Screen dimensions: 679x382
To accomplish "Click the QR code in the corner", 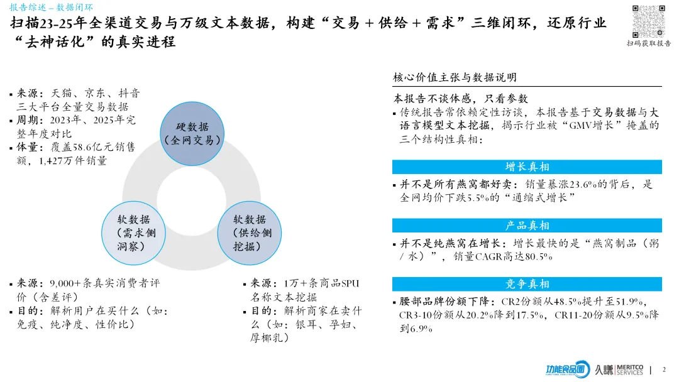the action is click(x=648, y=21).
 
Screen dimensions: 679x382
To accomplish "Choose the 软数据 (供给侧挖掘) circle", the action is click(x=250, y=232).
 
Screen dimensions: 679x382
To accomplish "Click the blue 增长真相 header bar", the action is click(x=527, y=166).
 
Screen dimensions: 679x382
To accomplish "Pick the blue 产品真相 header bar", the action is click(x=527, y=226).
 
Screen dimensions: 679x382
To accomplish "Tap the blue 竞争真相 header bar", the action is click(x=527, y=284).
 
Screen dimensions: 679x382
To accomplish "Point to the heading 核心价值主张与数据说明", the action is click(x=455, y=77).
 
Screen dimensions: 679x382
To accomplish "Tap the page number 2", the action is click(x=664, y=369).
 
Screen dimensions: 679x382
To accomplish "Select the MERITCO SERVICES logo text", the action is click(x=628, y=369).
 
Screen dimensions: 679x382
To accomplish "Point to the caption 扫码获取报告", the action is click(x=648, y=43).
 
